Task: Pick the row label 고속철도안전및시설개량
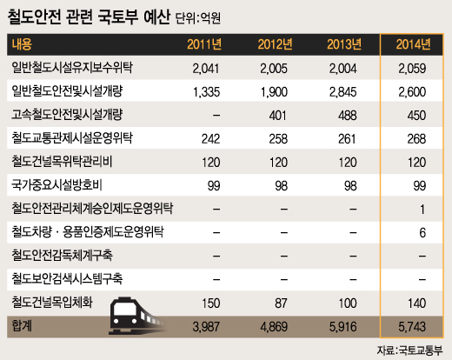(63, 115)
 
